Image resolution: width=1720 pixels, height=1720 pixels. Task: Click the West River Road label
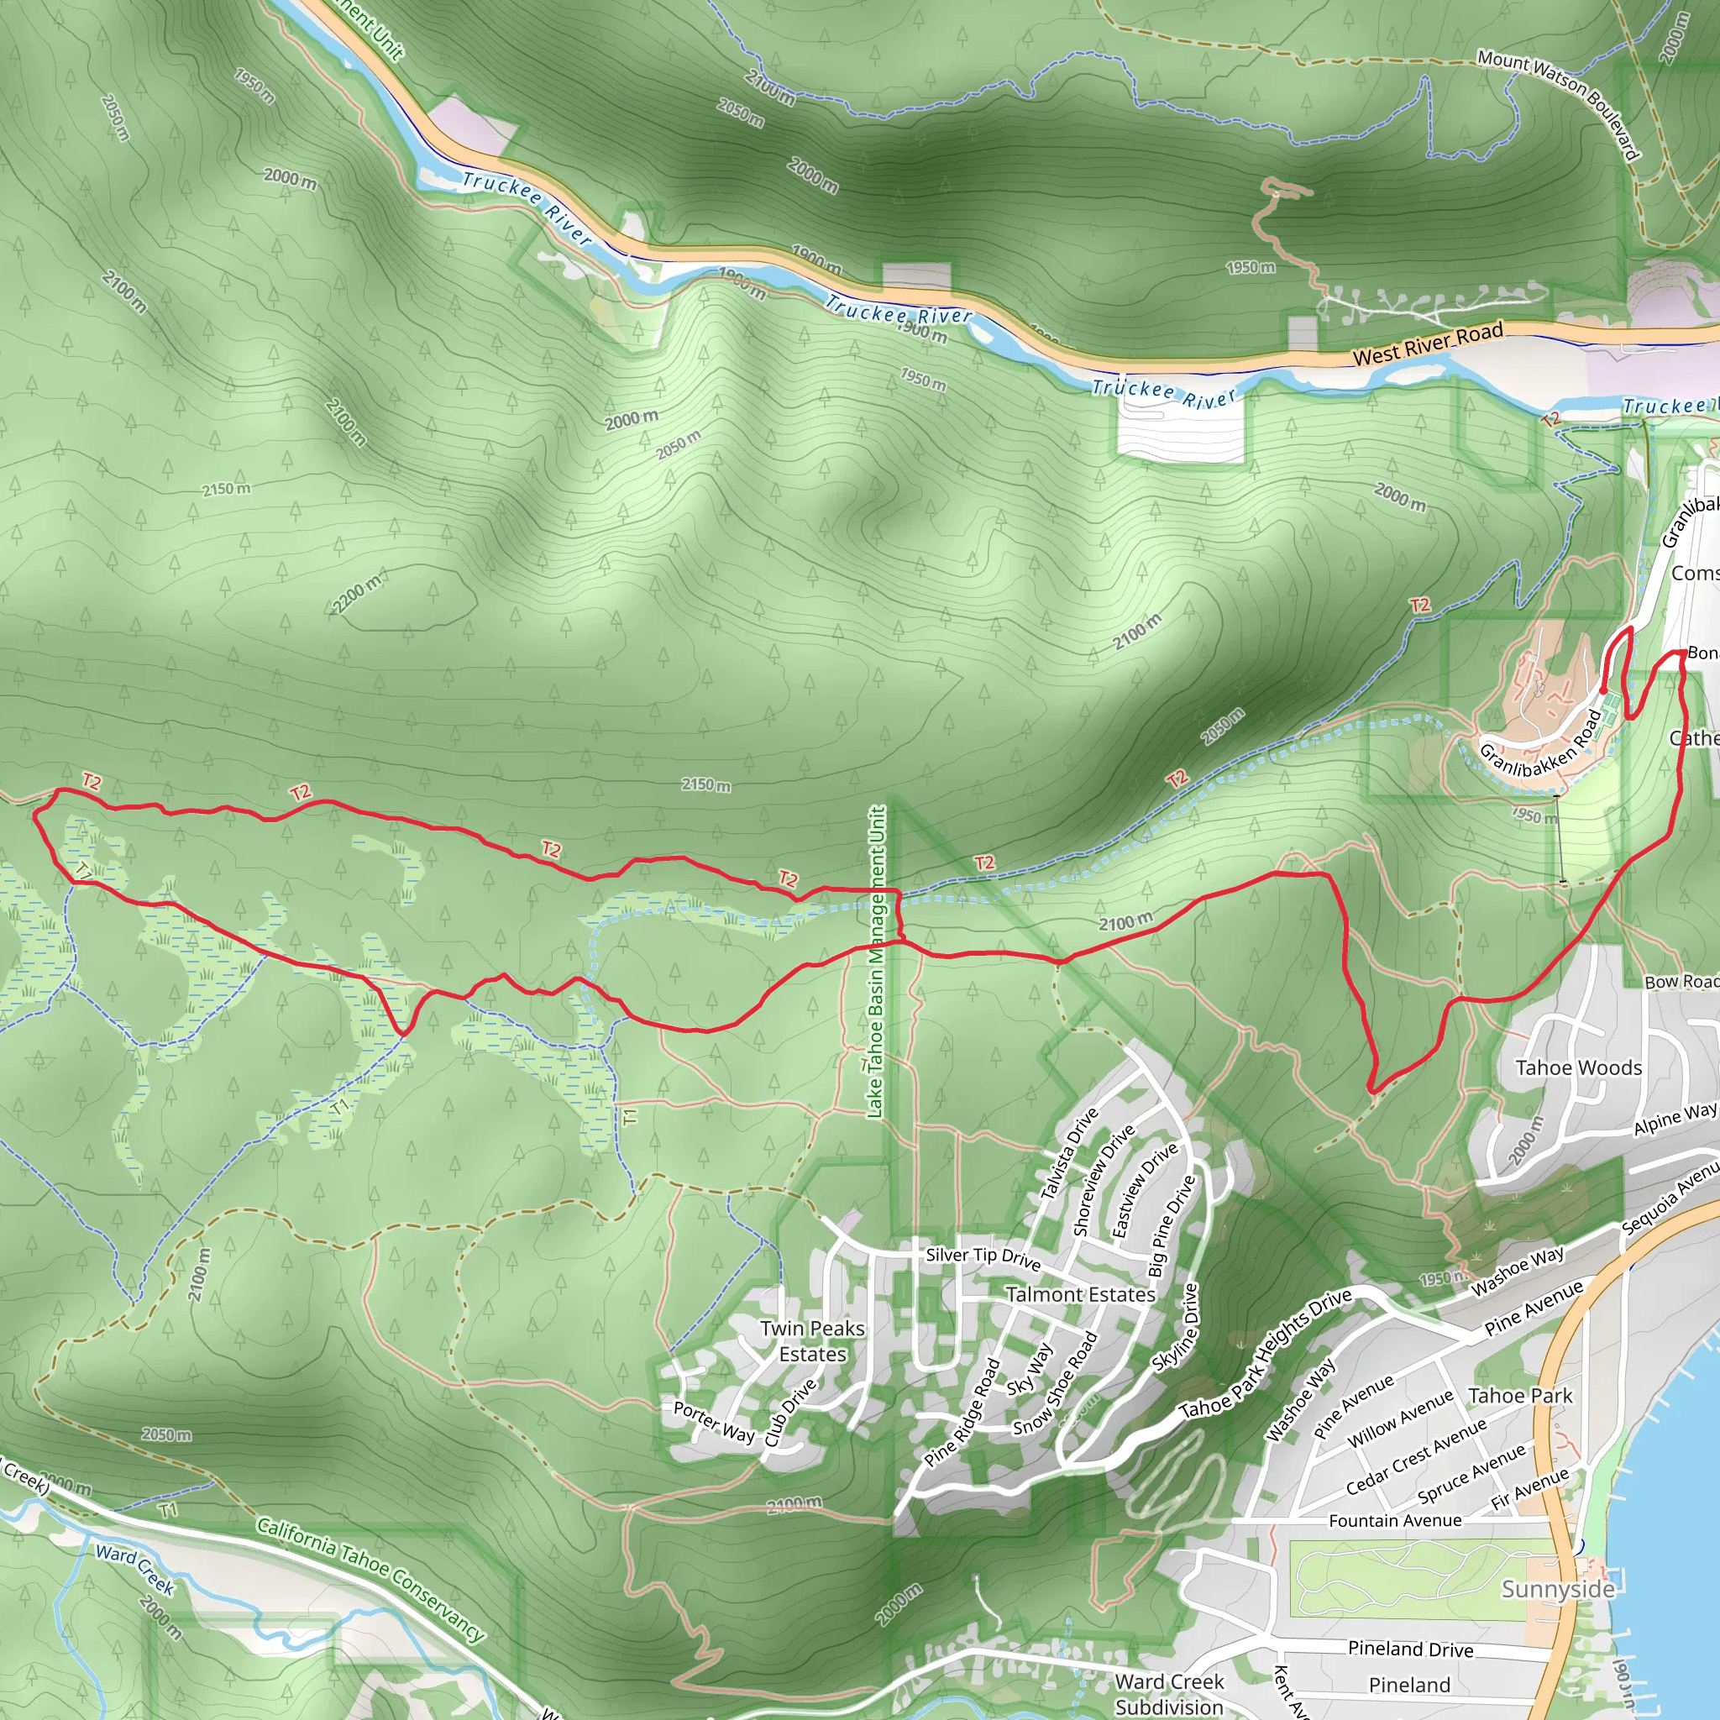(1427, 344)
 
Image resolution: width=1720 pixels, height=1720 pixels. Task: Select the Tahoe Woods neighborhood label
(1578, 1067)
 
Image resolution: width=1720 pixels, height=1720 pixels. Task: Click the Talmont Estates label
(1080, 1294)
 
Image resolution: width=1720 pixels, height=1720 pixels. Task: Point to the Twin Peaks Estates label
(812, 1340)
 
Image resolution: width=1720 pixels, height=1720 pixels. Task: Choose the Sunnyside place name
(1557, 1589)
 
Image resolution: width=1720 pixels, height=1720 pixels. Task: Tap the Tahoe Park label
(1519, 1396)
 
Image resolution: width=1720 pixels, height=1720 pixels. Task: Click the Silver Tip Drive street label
(983, 1257)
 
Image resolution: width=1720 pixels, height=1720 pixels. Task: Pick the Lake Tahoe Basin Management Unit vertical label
(876, 962)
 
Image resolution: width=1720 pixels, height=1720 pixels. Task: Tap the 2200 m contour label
(356, 594)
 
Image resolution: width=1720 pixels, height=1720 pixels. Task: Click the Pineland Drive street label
(1410, 1649)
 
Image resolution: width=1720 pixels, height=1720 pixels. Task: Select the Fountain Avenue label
(1394, 1521)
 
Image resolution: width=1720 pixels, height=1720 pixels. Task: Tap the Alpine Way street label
(1675, 1118)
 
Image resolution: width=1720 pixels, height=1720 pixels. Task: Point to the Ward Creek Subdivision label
(1169, 1693)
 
